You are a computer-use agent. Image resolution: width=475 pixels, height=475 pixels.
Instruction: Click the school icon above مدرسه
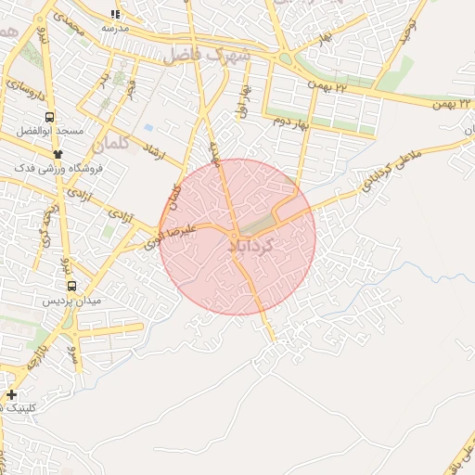pos(115,14)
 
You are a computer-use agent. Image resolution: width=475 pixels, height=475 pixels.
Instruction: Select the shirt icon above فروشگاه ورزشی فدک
pos(58,154)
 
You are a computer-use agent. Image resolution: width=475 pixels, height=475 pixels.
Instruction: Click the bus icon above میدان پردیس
pos(71,287)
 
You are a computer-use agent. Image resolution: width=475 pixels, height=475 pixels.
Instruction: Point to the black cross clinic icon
pos(11,395)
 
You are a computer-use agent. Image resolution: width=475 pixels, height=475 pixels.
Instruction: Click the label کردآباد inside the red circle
pos(250,246)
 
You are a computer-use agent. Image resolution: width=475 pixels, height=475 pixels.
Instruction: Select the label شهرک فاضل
pos(208,55)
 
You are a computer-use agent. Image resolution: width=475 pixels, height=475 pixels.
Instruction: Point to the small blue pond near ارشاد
pos(148,127)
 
